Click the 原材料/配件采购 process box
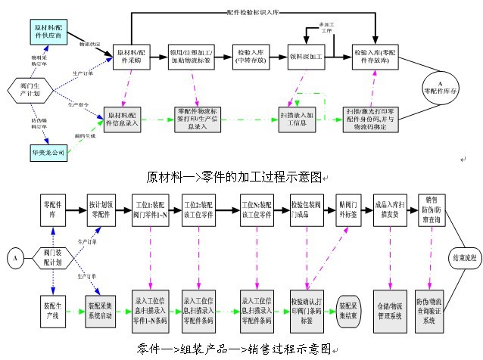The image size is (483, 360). tap(139, 54)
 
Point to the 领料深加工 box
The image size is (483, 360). tap(306, 55)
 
